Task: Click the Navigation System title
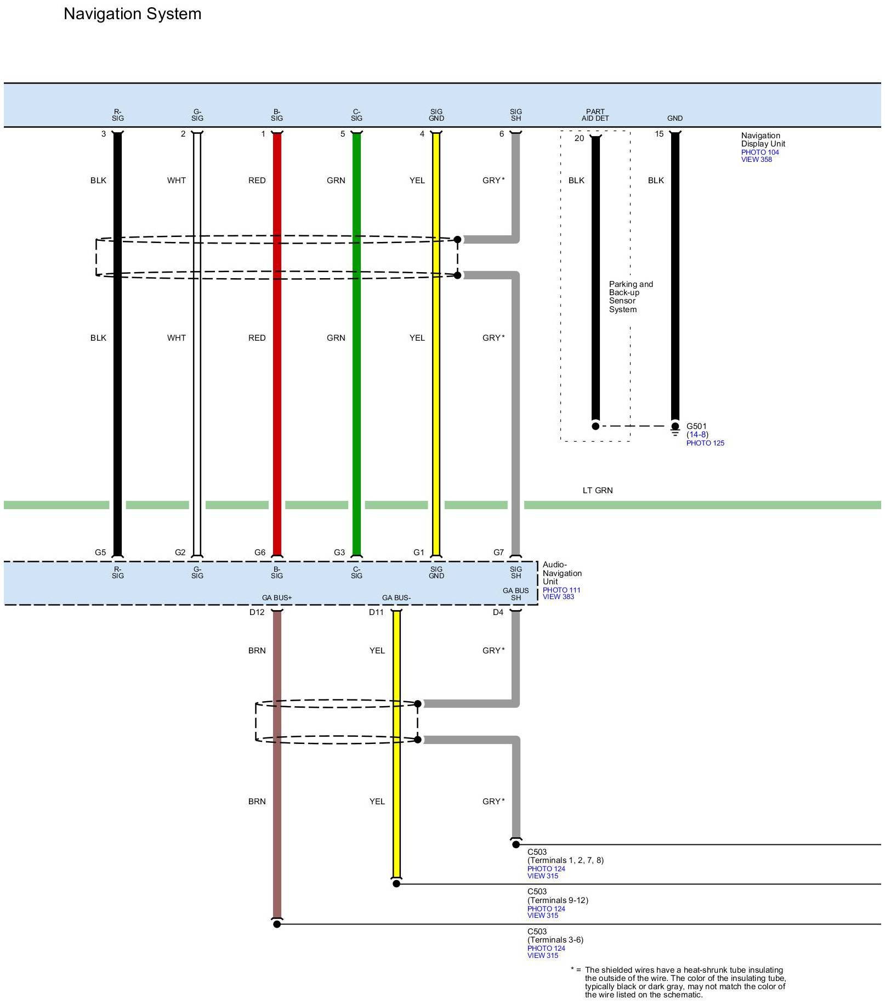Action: (x=132, y=14)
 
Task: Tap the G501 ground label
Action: (x=696, y=426)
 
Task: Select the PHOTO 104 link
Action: (x=760, y=153)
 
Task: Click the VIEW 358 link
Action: (x=756, y=160)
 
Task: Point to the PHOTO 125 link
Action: (x=705, y=443)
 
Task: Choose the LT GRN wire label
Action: (x=597, y=490)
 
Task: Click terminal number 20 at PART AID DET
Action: (x=579, y=138)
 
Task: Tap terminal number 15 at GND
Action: (x=659, y=134)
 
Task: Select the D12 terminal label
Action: (x=257, y=612)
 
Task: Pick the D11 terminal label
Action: (x=376, y=612)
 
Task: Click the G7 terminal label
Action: (x=498, y=552)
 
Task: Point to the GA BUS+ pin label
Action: (x=277, y=598)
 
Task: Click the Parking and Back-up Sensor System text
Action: (x=631, y=297)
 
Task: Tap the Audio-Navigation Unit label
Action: (x=562, y=573)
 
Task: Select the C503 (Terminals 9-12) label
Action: (x=558, y=896)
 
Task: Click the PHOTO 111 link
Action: (x=561, y=590)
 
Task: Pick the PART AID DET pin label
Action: (x=595, y=115)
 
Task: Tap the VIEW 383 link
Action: (x=558, y=597)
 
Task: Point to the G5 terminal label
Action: (x=100, y=552)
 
